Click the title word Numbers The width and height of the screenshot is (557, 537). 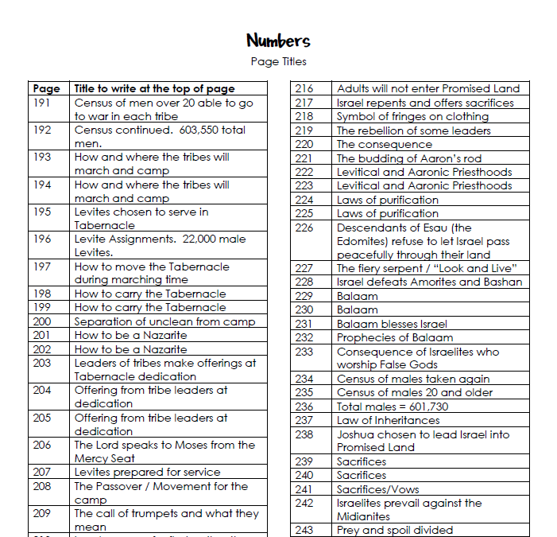point(278,41)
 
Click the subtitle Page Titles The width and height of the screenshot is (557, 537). point(278,61)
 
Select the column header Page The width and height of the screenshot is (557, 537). point(47,88)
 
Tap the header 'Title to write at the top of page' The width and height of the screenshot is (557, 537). point(154,88)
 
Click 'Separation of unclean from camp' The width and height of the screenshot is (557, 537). point(164,321)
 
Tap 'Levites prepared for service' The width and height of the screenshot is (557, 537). point(147,472)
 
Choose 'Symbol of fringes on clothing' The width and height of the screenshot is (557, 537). point(412,116)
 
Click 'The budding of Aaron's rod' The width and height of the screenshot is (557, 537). point(408,158)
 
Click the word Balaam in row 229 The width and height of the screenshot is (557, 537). point(357,296)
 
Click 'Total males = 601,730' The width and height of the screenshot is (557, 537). point(392,407)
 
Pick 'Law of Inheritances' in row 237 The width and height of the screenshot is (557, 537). point(388,420)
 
